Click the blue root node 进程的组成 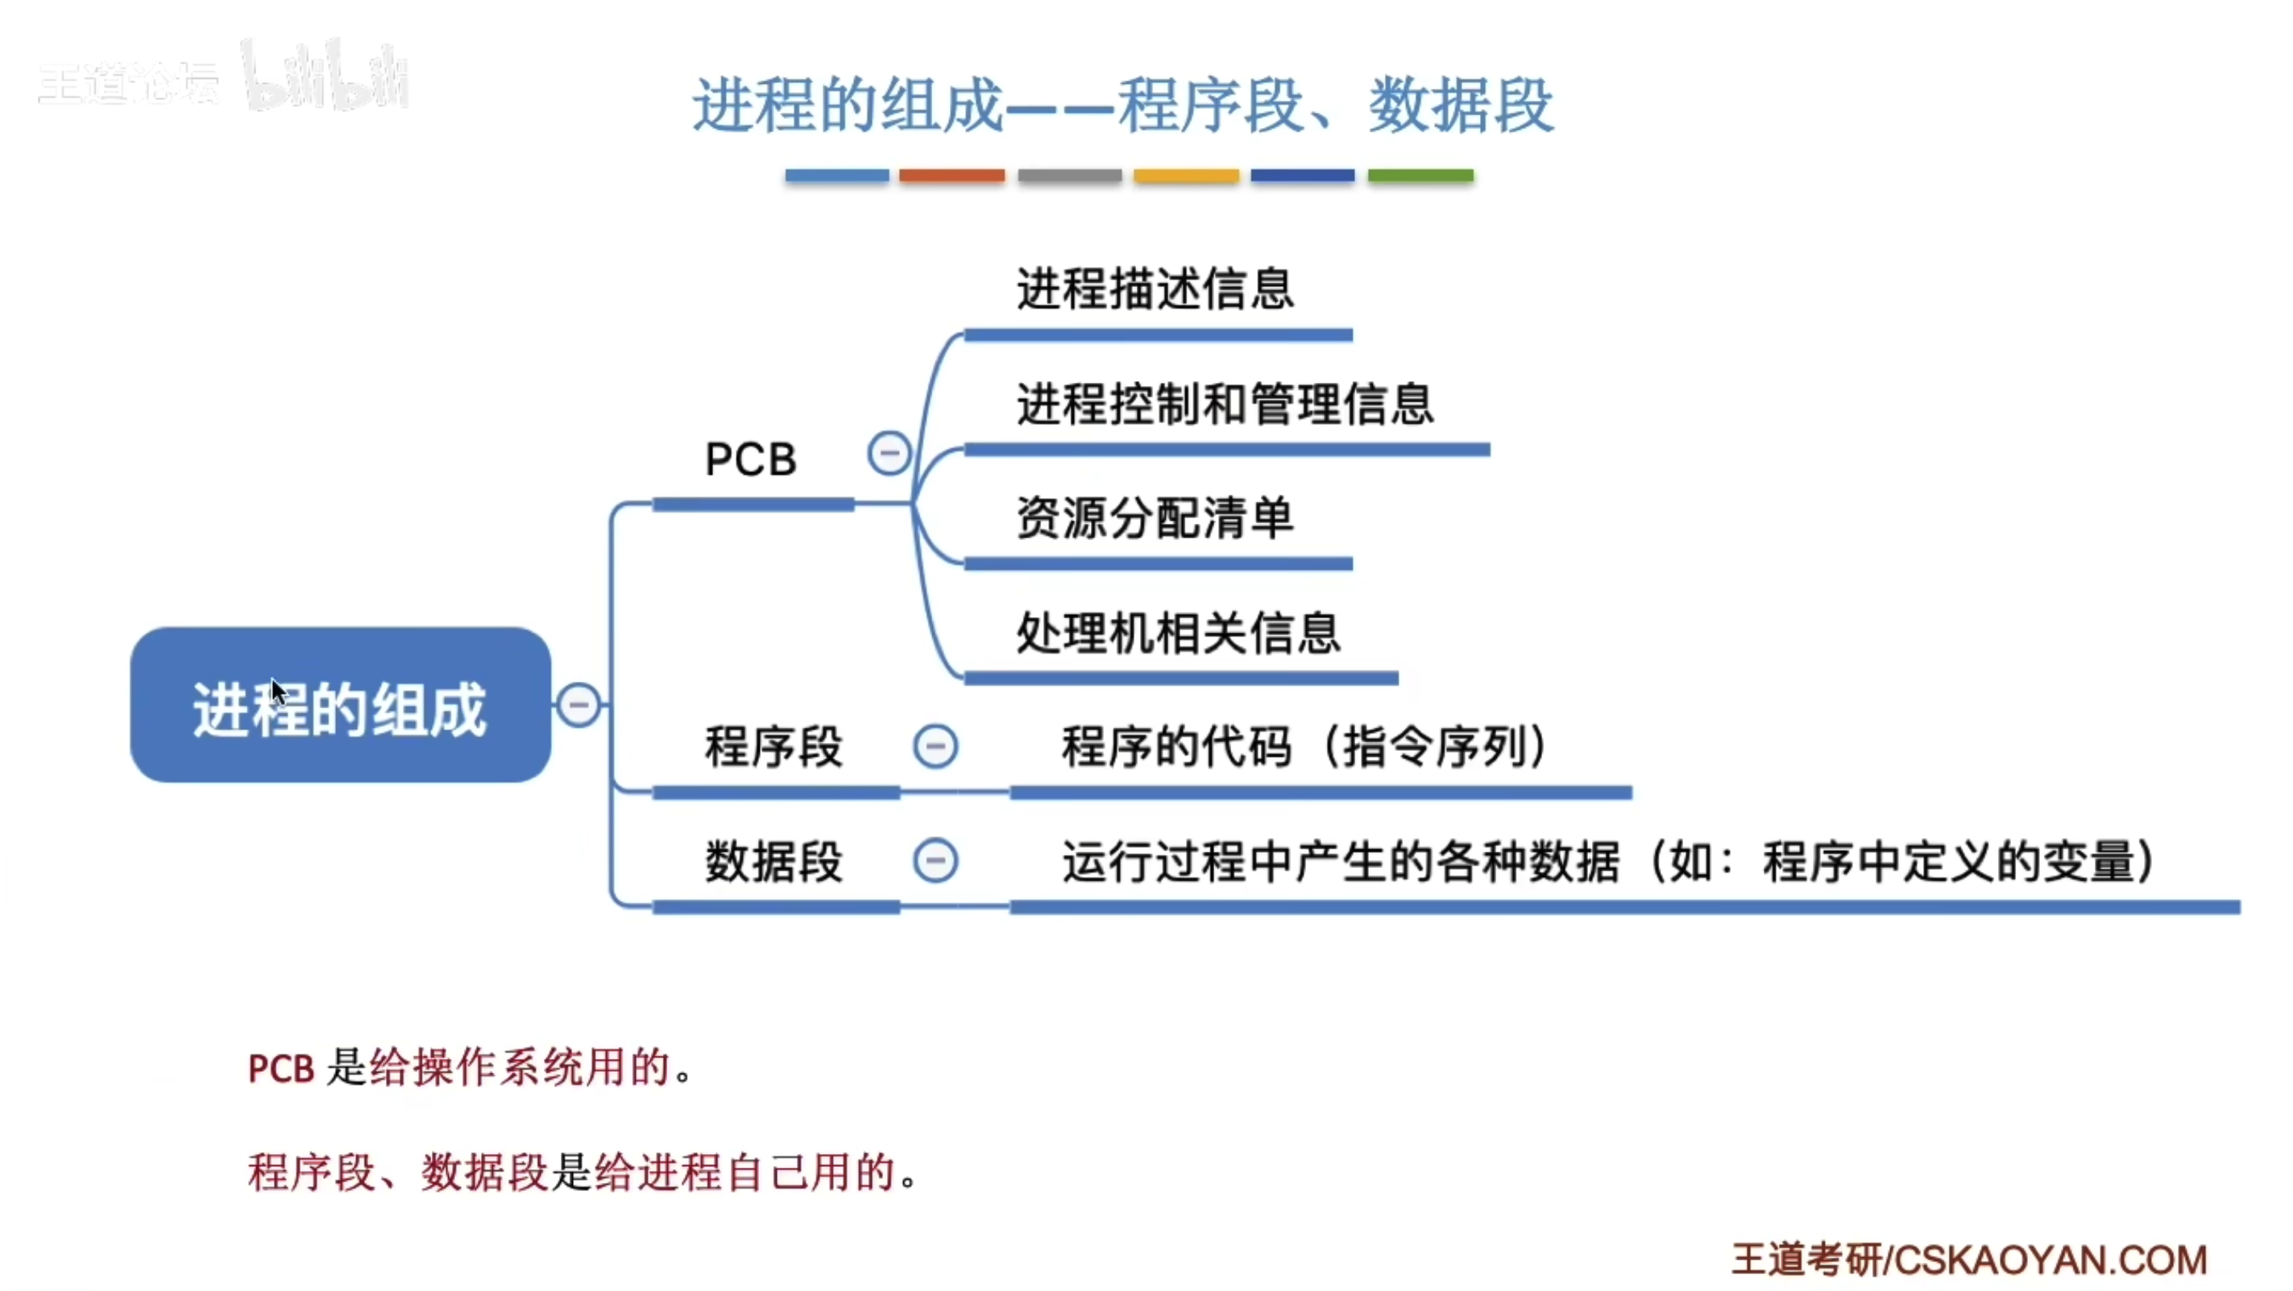[x=340, y=705]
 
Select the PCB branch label [x=750, y=460]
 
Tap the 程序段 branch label [x=773, y=746]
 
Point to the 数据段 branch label [x=773, y=861]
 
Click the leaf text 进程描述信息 [x=1155, y=289]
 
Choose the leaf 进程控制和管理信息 [x=1225, y=405]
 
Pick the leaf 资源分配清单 [x=1155, y=518]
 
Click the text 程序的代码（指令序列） [x=1305, y=746]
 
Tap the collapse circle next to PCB [x=889, y=454]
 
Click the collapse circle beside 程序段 [x=935, y=746]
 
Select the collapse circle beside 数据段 [x=935, y=861]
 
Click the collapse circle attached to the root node [x=578, y=705]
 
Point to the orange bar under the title [x=952, y=176]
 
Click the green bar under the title [x=1420, y=176]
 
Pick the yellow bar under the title [x=1186, y=176]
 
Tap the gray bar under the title [x=1069, y=176]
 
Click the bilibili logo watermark [x=325, y=78]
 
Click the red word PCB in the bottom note [x=280, y=1069]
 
